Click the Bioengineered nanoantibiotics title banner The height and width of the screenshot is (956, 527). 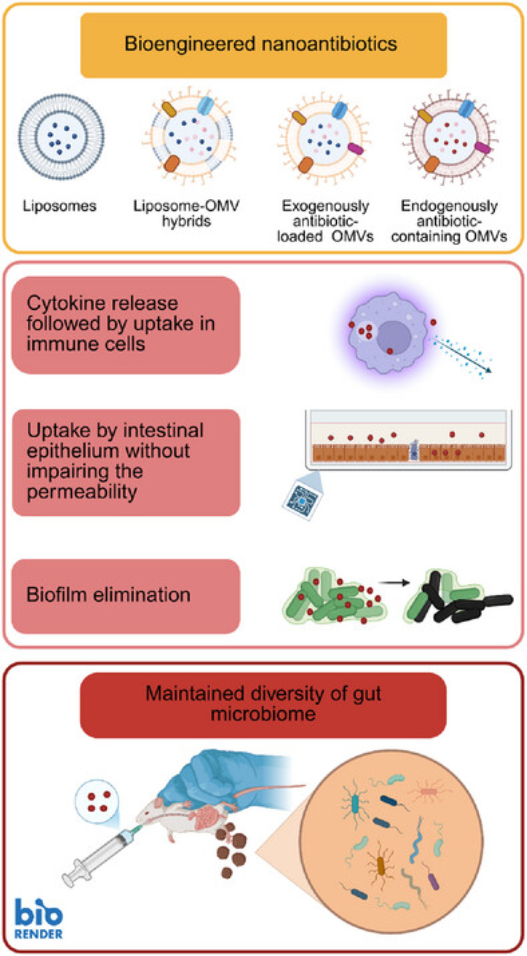(263, 44)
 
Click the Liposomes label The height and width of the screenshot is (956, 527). (60, 206)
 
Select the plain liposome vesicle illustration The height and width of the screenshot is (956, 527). (61, 137)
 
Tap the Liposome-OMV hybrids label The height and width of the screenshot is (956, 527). (186, 213)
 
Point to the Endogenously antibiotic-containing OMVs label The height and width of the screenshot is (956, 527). (449, 221)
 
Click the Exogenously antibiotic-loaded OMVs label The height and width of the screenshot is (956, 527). (325, 221)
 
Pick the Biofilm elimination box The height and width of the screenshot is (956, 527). (125, 596)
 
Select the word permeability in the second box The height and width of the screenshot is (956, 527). (82, 492)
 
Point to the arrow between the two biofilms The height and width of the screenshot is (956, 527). (394, 583)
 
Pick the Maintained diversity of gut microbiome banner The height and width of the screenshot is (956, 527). (263, 705)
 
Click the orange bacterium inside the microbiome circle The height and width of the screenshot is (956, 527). (381, 866)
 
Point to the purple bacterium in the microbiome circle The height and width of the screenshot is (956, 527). (433, 881)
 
